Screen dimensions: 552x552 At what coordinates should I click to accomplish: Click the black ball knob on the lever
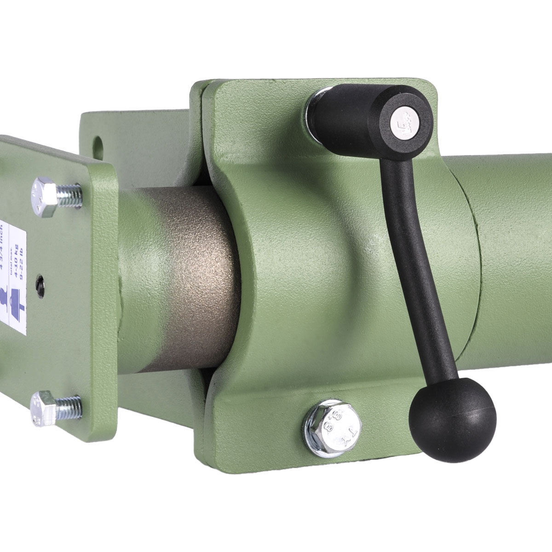[452, 418]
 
